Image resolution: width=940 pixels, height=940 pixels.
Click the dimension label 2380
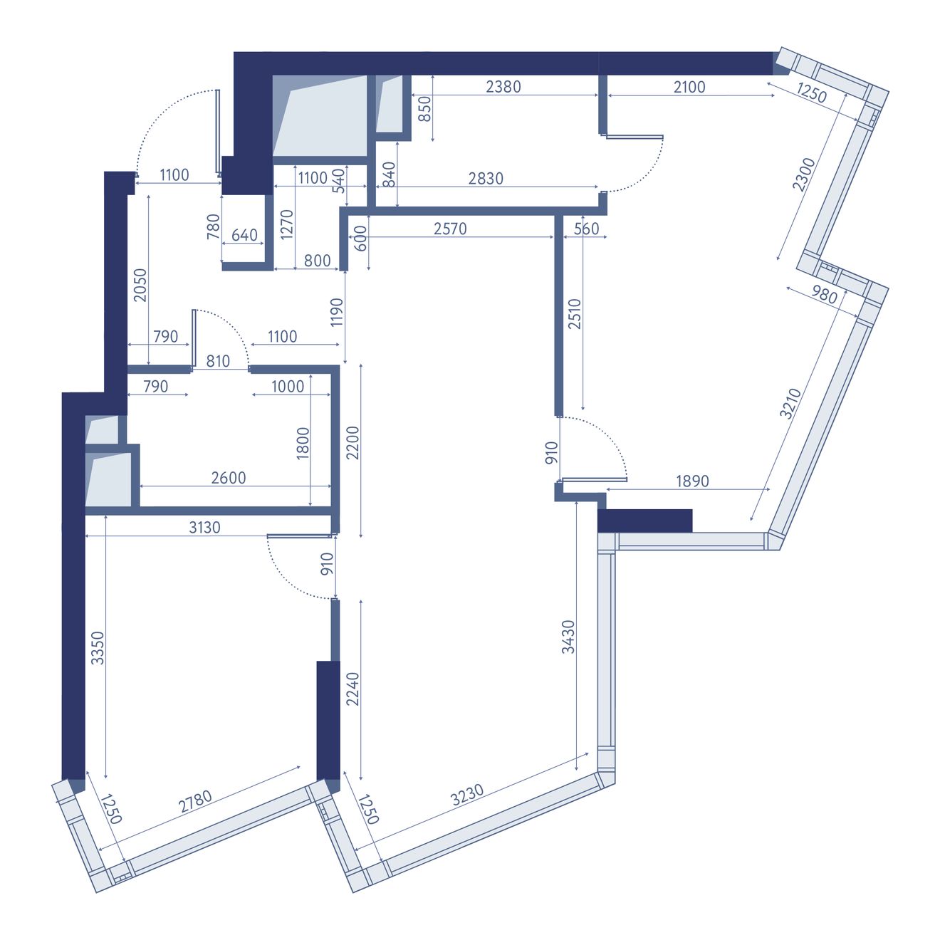(503, 87)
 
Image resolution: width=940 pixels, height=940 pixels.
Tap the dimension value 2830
(486, 179)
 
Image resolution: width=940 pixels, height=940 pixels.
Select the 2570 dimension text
(450, 229)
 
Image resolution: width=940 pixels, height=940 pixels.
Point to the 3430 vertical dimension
(568, 636)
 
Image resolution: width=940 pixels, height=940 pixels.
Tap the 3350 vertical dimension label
(98, 648)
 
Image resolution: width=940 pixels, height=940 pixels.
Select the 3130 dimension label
(204, 527)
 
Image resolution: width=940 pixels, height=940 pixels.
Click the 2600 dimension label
(229, 478)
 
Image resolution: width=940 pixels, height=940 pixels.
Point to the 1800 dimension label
(303, 443)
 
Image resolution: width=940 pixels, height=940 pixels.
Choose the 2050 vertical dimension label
(140, 286)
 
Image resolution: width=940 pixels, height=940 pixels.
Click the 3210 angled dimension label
(790, 403)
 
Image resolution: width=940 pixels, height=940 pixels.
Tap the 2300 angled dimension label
(803, 175)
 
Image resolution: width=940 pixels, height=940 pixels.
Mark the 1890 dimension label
(692, 481)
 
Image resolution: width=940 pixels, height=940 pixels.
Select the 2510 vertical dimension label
(575, 313)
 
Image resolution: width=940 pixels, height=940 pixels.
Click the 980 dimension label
(825, 295)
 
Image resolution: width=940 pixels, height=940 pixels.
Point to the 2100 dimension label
(689, 87)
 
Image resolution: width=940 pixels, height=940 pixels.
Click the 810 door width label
(218, 362)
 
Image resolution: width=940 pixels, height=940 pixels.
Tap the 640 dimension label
(244, 235)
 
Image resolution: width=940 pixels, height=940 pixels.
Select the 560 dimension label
(586, 229)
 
